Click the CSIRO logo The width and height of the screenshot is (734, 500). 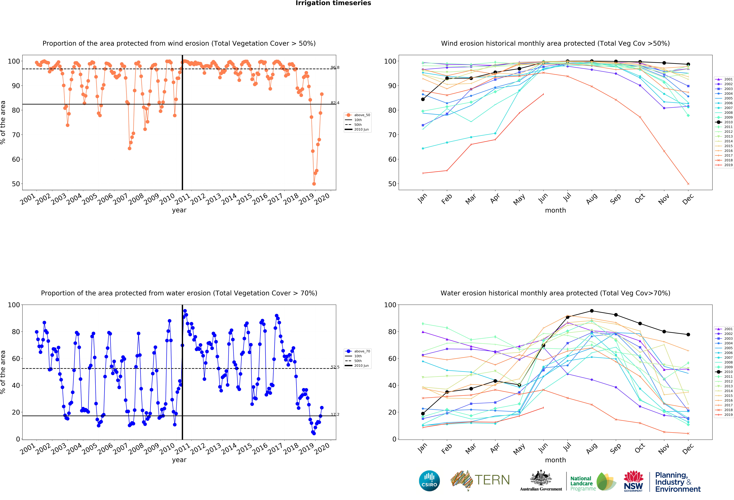click(x=429, y=481)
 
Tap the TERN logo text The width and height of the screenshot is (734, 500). click(x=492, y=480)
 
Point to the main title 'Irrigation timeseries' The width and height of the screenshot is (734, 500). click(x=333, y=3)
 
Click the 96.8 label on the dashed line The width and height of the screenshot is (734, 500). click(x=335, y=68)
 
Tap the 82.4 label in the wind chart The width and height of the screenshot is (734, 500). click(x=335, y=103)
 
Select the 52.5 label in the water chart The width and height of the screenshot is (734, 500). click(x=335, y=367)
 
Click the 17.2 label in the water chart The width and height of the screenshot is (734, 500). click(x=335, y=414)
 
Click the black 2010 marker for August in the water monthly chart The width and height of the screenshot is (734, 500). click(x=592, y=311)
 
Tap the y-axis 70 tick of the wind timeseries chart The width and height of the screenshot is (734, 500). click(x=16, y=135)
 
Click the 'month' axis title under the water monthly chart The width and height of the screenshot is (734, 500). click(x=555, y=460)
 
